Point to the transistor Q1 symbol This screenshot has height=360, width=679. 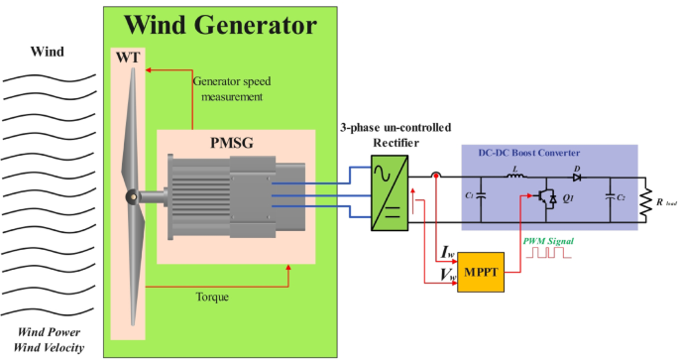pyautogui.click(x=546, y=198)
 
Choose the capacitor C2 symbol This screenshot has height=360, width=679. pyautogui.click(x=611, y=196)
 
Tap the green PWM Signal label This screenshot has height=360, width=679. pyautogui.click(x=547, y=241)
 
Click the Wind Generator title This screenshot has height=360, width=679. pyautogui.click(x=220, y=24)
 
